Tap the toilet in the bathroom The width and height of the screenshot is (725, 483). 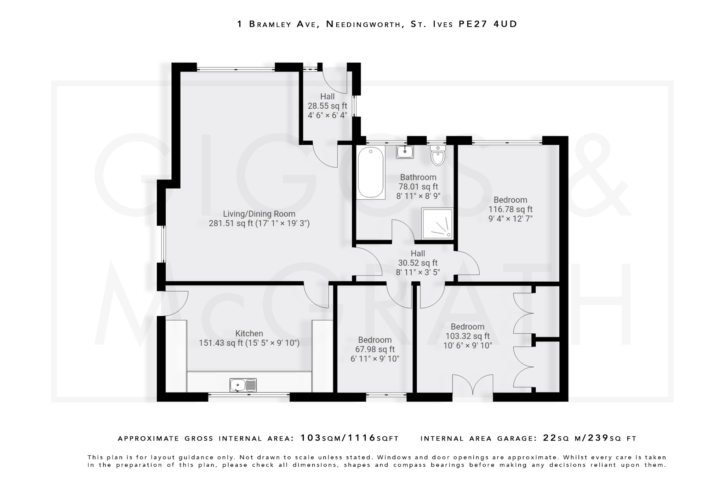coord(438,156)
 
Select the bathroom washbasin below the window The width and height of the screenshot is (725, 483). coord(405,152)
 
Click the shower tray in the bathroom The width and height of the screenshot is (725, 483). coord(437,223)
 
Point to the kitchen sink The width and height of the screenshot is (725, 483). coord(243,385)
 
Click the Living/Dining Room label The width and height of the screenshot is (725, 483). coord(259,214)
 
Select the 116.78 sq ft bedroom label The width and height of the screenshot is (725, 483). coord(510,209)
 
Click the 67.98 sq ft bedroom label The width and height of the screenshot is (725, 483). coord(375,349)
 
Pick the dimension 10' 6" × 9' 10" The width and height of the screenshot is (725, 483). coord(467,345)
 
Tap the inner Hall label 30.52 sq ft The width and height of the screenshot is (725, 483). coord(418,263)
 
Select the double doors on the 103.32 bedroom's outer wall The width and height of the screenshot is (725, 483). coord(473,385)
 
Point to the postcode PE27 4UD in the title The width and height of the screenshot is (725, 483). coord(488,24)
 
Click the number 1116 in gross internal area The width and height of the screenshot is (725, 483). coord(361,438)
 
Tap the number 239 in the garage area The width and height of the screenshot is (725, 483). coord(598,438)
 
